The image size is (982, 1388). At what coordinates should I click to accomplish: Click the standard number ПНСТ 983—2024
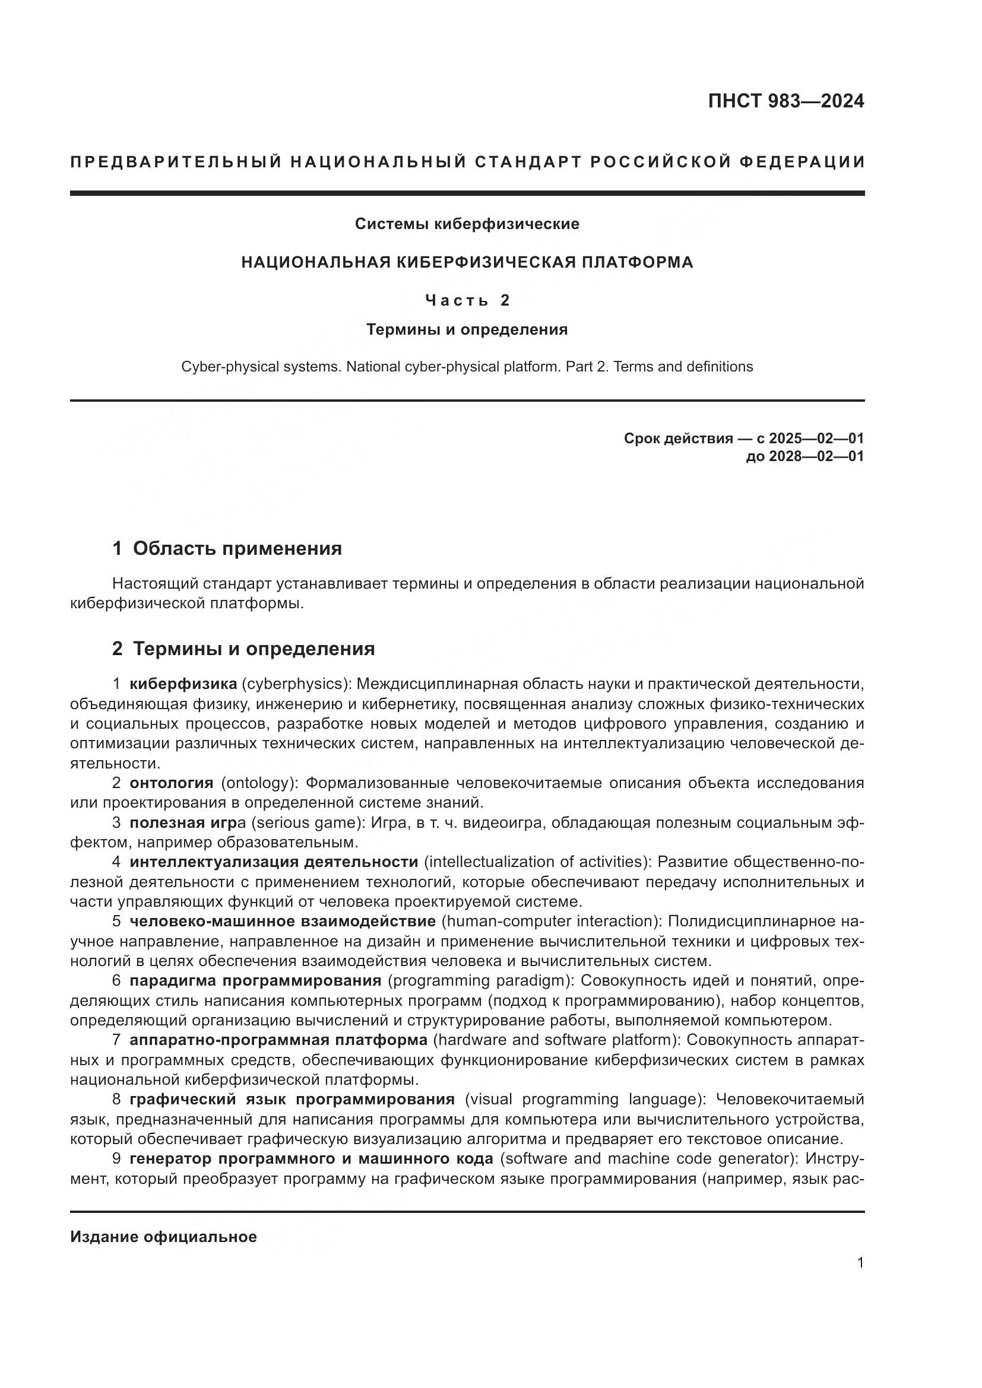(x=785, y=101)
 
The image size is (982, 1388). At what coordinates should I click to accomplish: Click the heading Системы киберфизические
(x=467, y=224)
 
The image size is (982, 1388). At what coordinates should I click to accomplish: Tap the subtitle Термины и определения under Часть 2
(x=467, y=329)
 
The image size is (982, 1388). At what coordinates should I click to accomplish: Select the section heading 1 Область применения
(x=227, y=548)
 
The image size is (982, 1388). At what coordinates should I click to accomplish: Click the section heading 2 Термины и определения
(x=243, y=649)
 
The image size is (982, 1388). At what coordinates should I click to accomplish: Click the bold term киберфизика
(x=183, y=684)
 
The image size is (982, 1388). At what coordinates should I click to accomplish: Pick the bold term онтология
(x=171, y=783)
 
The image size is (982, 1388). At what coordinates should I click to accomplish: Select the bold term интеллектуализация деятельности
(x=273, y=862)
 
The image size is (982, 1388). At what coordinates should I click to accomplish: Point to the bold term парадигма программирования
(x=255, y=980)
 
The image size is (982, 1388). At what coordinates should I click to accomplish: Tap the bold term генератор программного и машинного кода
(x=312, y=1158)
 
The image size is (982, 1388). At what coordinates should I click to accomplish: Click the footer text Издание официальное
(x=163, y=1237)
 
